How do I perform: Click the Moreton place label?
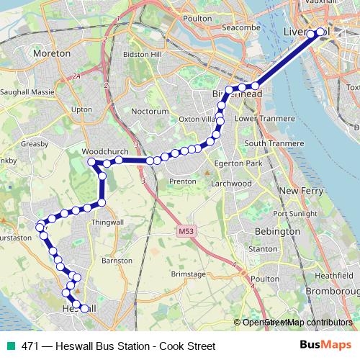[52, 53]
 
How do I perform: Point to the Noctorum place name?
[150, 112]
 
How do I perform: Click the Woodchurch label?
[104, 153]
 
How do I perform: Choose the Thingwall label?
[107, 223]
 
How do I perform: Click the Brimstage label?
[189, 274]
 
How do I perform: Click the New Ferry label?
[300, 190]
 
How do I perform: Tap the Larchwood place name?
[232, 184]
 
